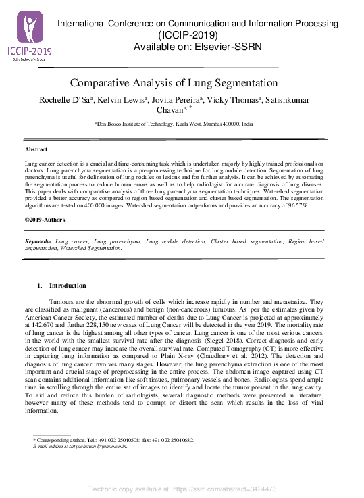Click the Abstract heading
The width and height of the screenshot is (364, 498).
click(x=36, y=149)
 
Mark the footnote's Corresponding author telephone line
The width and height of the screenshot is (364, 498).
click(x=114, y=440)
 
